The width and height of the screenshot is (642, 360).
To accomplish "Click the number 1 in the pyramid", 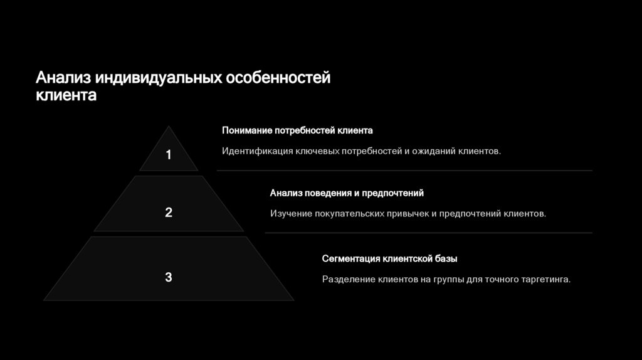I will (x=168, y=155).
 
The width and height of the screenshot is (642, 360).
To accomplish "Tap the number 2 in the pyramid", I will (x=168, y=213).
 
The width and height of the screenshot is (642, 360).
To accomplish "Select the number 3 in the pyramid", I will (x=168, y=277).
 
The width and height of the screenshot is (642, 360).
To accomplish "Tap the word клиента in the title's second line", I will (x=66, y=96).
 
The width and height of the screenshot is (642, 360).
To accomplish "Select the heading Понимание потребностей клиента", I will (x=297, y=130).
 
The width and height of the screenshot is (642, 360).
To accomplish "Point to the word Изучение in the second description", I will (x=291, y=214).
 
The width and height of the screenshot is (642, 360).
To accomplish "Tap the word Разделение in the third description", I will (x=347, y=279).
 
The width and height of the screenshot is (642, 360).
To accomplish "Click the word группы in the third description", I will (x=448, y=279).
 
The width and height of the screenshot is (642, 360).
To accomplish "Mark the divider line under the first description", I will (x=404, y=171).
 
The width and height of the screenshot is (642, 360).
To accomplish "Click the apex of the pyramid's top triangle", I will (x=168, y=127).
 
